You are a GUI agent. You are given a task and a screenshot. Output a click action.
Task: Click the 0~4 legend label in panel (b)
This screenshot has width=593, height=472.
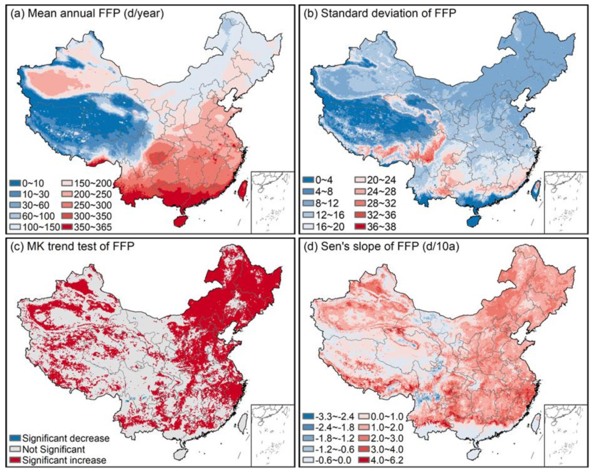tap(324, 180)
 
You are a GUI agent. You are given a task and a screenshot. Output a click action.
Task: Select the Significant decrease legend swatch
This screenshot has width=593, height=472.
tap(16, 438)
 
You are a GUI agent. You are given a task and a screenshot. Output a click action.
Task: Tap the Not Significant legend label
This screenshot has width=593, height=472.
tap(53, 449)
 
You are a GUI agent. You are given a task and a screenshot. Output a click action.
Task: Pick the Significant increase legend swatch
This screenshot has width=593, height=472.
tap(16, 460)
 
